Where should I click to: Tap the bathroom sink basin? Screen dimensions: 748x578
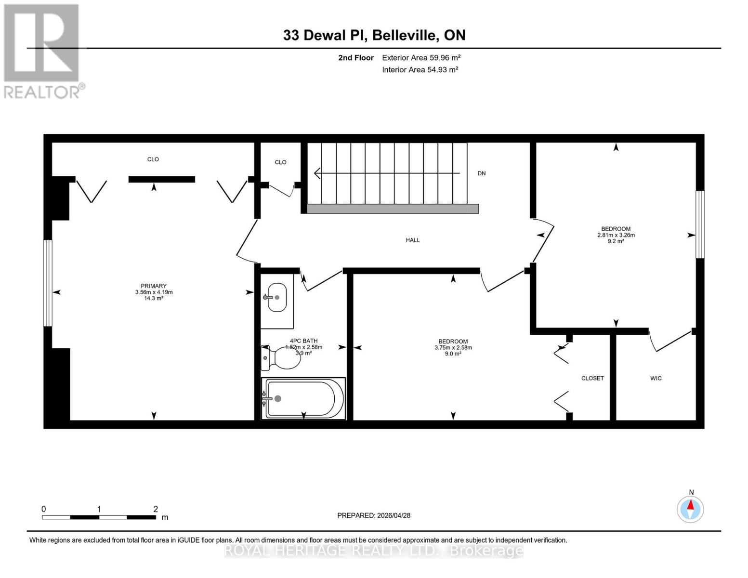[277, 298]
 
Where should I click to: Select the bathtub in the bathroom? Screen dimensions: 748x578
[303, 399]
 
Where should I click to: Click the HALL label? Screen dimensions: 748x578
[412, 240]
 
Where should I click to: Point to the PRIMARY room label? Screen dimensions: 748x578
[154, 286]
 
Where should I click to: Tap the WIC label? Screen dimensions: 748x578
[656, 378]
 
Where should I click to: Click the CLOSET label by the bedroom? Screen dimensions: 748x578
[592, 378]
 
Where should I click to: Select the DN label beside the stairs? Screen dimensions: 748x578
[481, 173]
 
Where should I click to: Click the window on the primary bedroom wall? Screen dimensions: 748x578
[48, 283]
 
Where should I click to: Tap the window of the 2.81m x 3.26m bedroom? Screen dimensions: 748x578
[700, 224]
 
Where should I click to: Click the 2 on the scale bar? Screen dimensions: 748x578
[156, 509]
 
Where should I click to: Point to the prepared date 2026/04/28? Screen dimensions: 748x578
[394, 516]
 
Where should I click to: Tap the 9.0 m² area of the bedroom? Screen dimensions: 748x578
[453, 354]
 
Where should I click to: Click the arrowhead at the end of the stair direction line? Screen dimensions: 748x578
[317, 173]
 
